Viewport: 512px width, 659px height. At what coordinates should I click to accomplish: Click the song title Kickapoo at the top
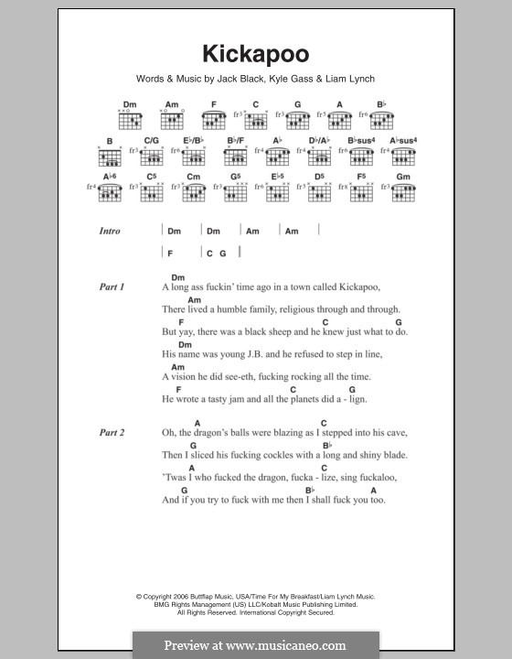pyautogui.click(x=257, y=54)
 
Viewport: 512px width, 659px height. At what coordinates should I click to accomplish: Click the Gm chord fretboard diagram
pyautogui.click(x=403, y=192)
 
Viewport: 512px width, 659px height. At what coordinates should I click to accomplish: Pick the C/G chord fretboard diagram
pyautogui.click(x=150, y=156)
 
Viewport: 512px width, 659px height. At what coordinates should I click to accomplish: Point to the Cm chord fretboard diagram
pyautogui.click(x=193, y=192)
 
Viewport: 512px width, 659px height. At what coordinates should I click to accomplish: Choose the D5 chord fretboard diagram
pyautogui.click(x=319, y=192)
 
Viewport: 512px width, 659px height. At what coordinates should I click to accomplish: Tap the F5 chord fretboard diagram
pyautogui.click(x=361, y=192)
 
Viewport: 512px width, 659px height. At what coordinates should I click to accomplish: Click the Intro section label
pyautogui.click(x=110, y=232)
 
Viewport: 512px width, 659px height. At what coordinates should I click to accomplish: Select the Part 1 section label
pyautogui.click(x=112, y=286)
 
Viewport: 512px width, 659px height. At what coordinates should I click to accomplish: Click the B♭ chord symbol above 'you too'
pyautogui.click(x=311, y=490)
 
